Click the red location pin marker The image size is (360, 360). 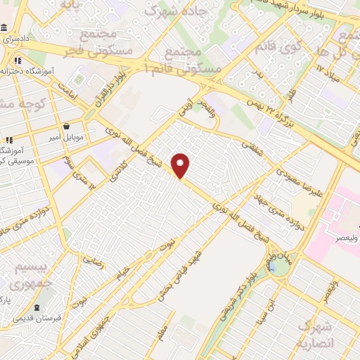click(x=181, y=164)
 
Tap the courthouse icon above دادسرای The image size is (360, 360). click(x=5, y=28)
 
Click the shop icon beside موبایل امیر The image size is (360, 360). click(x=66, y=127)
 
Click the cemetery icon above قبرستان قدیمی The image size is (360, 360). click(x=37, y=308)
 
